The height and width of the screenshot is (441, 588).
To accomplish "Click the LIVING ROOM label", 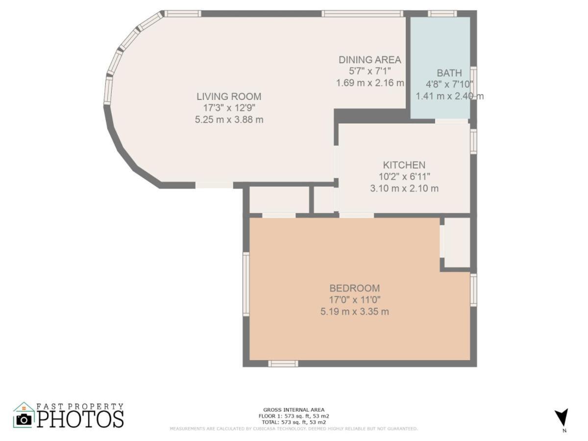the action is [x=229, y=97].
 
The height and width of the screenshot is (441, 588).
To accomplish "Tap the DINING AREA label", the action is [x=370, y=60].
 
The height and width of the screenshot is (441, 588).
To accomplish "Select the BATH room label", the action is [x=449, y=73].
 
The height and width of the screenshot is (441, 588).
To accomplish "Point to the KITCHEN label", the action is [x=404, y=165].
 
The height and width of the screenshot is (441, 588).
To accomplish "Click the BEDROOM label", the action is [x=354, y=288].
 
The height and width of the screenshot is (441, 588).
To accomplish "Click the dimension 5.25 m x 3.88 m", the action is [x=229, y=120].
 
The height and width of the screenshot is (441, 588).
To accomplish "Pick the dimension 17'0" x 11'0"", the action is [x=354, y=300].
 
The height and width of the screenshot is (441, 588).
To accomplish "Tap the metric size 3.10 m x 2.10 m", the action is [x=404, y=189].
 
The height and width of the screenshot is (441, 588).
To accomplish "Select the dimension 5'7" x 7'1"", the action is [x=369, y=71].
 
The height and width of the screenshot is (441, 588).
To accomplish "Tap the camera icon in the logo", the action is [x=24, y=419].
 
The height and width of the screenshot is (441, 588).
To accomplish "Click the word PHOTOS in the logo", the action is [x=80, y=419].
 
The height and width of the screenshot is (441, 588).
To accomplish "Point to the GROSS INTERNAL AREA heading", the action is [x=294, y=410].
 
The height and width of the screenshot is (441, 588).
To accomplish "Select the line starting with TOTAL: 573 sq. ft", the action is [x=294, y=422].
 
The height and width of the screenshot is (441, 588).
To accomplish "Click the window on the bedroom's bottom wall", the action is [x=283, y=364].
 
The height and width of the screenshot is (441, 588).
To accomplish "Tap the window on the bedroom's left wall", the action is [x=246, y=284].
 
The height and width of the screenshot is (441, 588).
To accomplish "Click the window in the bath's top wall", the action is [x=442, y=14].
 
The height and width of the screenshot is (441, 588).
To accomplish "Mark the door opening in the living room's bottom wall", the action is [x=214, y=185].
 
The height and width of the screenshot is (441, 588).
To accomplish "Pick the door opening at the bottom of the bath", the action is [x=451, y=121].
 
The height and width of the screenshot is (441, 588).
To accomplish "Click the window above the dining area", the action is [x=363, y=14].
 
